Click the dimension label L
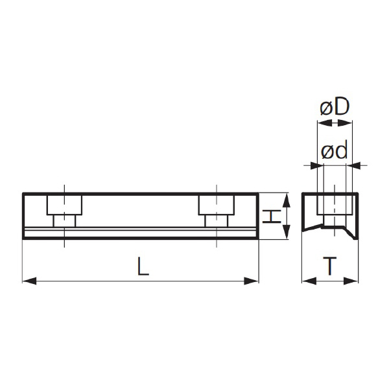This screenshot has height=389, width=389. point(143,266)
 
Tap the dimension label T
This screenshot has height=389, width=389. point(330,266)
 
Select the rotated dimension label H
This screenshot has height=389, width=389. point(272,217)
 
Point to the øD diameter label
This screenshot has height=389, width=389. point(335,107)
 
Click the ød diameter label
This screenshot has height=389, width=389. point(334,150)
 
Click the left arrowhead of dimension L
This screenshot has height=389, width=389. point(30,281)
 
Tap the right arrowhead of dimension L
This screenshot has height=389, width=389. point(252,281)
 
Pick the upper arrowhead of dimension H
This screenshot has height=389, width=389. point(287,200)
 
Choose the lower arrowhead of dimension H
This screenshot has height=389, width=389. point(287,231)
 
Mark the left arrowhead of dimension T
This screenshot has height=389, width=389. point(309,281)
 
